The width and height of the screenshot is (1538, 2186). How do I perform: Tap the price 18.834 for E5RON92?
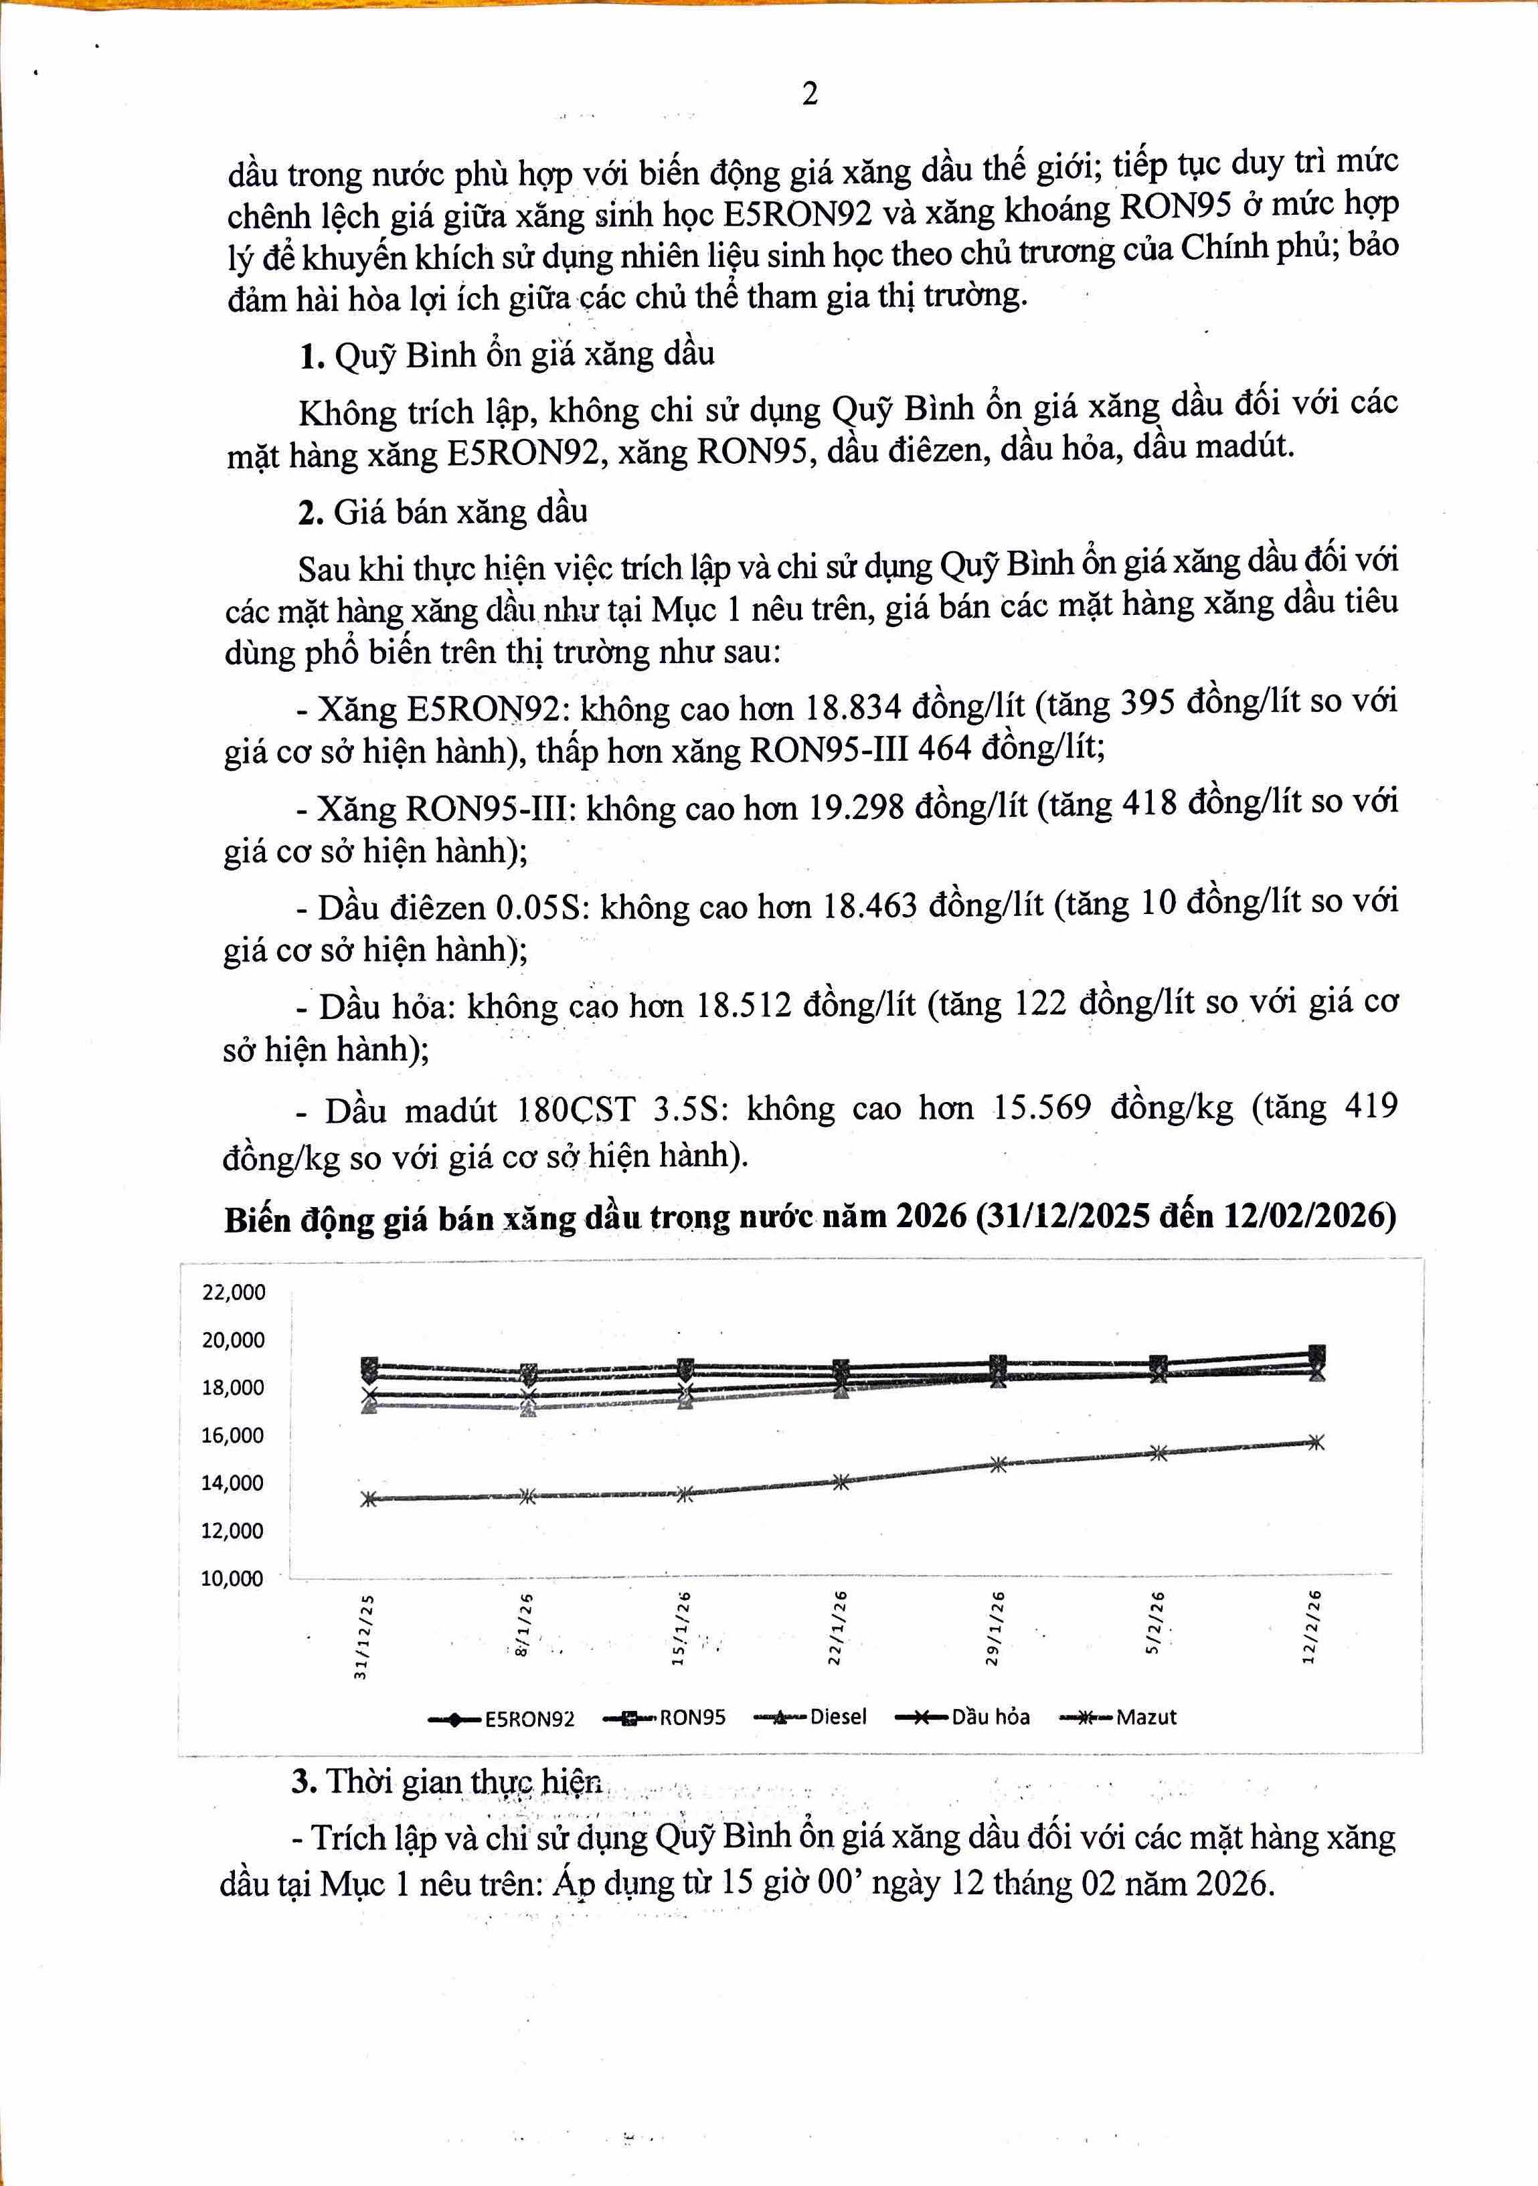(853, 707)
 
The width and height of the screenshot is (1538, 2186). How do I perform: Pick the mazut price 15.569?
(1042, 1107)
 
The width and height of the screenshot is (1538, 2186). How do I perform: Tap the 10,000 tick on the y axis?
(232, 1578)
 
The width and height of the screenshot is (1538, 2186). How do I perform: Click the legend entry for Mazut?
(1146, 1717)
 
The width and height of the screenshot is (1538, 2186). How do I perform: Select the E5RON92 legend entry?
(529, 1718)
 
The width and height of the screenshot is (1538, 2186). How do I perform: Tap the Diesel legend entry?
(837, 1717)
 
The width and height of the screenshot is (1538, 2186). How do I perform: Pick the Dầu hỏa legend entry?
(989, 1717)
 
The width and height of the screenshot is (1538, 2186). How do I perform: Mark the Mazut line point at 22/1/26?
(841, 1481)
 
